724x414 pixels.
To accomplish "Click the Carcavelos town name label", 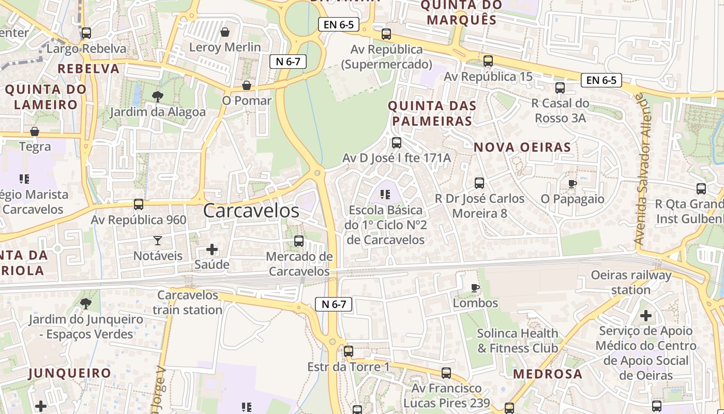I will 251,211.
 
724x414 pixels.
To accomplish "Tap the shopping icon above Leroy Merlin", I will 225,33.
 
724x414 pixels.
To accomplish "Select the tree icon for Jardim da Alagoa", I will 157,96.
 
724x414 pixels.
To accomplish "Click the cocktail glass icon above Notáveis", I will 157,240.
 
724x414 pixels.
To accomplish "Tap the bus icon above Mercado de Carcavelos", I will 298,241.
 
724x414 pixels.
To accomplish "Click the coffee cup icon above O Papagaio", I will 572,183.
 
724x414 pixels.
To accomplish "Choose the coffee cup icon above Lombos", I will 475,288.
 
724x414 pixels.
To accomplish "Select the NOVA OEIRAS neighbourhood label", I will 522,147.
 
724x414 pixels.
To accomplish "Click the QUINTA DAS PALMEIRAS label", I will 432,113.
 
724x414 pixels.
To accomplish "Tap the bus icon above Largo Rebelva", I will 86,33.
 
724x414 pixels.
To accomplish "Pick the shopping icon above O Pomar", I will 247,85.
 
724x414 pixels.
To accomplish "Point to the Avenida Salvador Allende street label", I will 643,169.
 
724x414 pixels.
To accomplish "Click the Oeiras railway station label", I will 631,282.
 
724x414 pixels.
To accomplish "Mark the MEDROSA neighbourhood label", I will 548,374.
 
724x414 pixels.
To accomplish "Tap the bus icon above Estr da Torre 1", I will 349,351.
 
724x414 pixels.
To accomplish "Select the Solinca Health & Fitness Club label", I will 518,341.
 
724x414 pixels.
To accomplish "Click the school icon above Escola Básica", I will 385,195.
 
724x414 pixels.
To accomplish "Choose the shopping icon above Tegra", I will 35,131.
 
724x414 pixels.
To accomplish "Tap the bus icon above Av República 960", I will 139,204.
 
